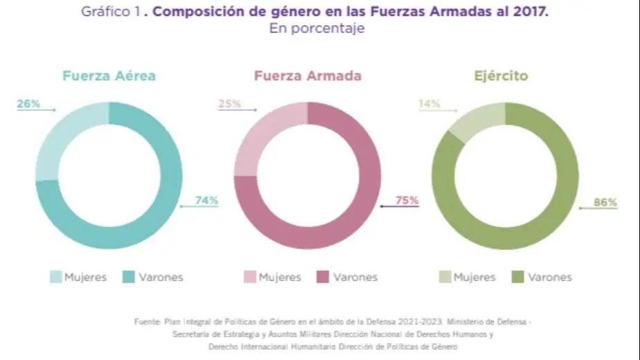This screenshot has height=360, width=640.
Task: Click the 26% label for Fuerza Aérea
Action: (x=28, y=105)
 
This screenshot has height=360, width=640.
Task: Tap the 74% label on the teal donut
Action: (x=206, y=201)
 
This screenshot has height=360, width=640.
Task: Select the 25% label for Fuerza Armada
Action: (x=229, y=105)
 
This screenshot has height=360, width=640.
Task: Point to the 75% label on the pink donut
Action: (x=406, y=201)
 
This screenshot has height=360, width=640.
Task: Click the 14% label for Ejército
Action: (x=429, y=105)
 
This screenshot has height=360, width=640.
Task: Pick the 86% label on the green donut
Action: (x=605, y=203)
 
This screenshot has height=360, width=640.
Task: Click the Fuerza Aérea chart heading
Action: (x=109, y=76)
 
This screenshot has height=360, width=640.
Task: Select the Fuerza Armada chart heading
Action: (x=307, y=76)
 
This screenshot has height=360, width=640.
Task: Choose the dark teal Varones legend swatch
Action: (x=128, y=277)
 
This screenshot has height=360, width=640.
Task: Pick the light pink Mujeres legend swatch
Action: (x=250, y=277)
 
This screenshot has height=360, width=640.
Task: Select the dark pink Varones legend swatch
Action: (x=322, y=277)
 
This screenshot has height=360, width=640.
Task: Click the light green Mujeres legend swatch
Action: (x=445, y=277)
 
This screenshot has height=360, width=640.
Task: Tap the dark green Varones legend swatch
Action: (x=518, y=277)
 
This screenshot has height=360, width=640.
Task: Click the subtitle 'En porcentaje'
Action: (x=316, y=29)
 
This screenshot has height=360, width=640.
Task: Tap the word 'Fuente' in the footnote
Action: (x=147, y=322)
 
